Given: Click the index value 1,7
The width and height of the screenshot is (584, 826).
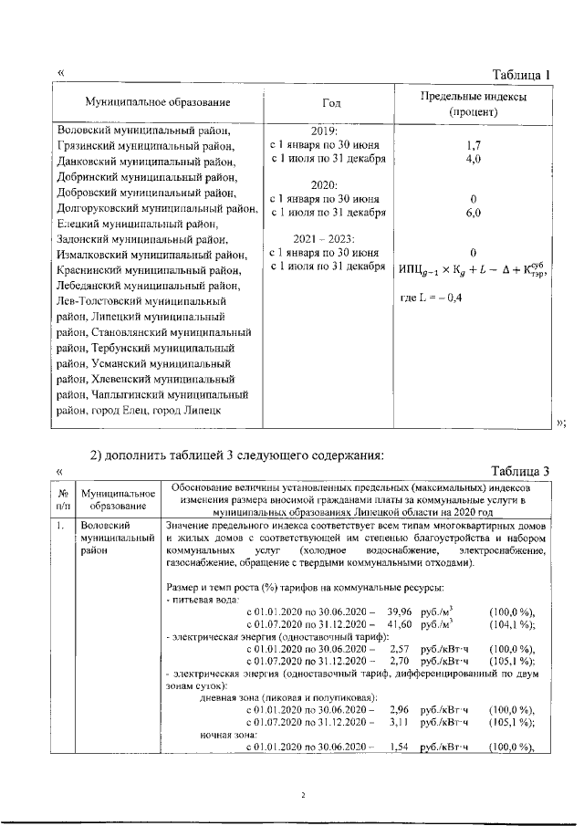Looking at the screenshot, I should tap(473, 144).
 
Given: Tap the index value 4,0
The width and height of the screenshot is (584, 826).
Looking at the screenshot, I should tap(473, 159).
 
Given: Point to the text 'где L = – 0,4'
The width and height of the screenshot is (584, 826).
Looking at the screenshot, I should tap(432, 298).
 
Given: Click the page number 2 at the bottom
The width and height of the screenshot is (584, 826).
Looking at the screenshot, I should tap(301, 795).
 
